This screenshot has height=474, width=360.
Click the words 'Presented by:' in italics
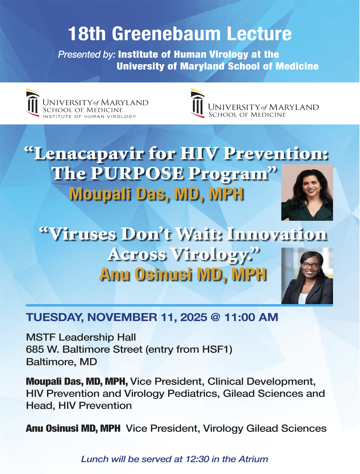click(87, 55)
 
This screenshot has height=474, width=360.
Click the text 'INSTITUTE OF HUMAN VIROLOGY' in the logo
click(89, 116)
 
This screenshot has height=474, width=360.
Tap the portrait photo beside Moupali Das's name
click(307, 192)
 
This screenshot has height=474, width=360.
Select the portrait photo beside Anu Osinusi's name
click(307, 276)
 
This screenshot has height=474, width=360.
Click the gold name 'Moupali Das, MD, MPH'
click(156, 194)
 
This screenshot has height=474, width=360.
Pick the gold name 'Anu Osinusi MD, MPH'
click(183, 274)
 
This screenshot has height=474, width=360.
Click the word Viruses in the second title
click(83, 234)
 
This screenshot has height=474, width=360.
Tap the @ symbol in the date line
click(216, 317)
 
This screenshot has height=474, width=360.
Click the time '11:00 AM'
click(251, 317)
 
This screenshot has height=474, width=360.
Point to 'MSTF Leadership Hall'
click(81, 337)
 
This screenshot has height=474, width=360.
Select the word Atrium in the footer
click(253, 459)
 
